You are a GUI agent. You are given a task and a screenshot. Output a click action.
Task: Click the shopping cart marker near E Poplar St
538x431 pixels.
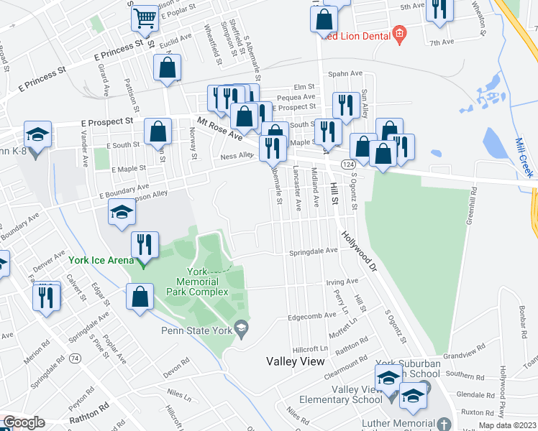[x=145, y=19]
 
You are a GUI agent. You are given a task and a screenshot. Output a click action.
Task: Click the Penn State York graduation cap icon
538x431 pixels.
[x=242, y=329]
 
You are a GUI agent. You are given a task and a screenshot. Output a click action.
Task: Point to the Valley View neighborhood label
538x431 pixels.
[x=295, y=361]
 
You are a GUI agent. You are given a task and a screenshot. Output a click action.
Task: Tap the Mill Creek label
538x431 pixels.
[x=525, y=157]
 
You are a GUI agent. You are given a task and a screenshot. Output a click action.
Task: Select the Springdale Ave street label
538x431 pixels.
[x=313, y=251]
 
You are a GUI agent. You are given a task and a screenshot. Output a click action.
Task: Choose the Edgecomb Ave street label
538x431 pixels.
[x=311, y=315]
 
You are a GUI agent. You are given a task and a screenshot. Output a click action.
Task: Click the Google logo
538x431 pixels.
[x=24, y=422]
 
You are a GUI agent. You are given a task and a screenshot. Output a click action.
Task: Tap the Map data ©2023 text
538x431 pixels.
[x=508, y=425]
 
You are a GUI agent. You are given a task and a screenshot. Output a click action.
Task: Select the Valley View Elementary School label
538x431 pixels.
[x=347, y=394]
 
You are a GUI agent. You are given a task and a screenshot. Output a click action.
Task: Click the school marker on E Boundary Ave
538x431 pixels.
[x=122, y=212]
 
